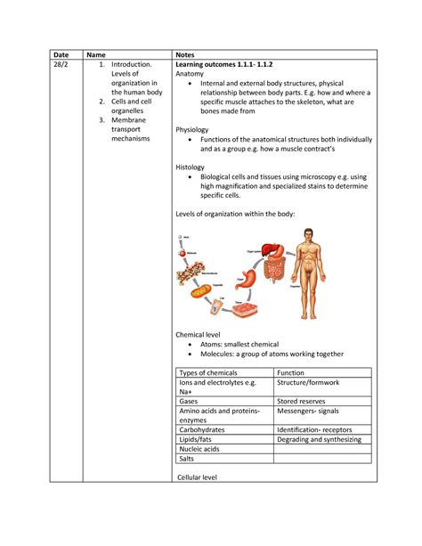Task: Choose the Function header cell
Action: click(291, 373)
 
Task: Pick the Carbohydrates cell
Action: click(202, 429)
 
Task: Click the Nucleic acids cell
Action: click(199, 449)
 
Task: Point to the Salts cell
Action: click(186, 459)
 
